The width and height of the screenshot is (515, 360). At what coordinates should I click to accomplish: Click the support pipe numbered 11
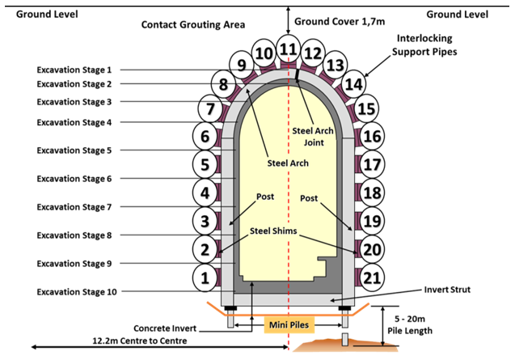pyautogui.click(x=289, y=49)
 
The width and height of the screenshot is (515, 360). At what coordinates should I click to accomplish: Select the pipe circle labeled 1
pyautogui.click(x=205, y=277)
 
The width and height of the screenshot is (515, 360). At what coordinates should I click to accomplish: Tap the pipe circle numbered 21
pyautogui.click(x=372, y=277)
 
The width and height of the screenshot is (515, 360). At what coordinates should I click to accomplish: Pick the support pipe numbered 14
pyautogui.click(x=354, y=84)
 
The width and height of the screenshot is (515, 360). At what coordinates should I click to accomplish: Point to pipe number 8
pyautogui.click(x=223, y=84)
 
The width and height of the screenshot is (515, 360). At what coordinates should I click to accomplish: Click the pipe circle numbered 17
pyautogui.click(x=372, y=164)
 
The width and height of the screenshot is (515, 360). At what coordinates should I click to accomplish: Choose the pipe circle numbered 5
pyautogui.click(x=205, y=164)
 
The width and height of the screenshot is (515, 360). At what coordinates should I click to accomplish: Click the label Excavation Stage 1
pyautogui.click(x=74, y=70)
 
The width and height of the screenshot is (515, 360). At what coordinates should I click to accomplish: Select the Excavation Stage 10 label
pyautogui.click(x=77, y=291)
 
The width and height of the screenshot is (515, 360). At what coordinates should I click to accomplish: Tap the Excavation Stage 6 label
pyautogui.click(x=74, y=179)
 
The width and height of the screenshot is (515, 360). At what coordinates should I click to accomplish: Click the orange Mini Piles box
pyautogui.click(x=289, y=325)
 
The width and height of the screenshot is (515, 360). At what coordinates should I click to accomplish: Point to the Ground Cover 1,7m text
pyautogui.click(x=340, y=21)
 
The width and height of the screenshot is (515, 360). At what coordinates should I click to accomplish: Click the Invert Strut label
pyautogui.click(x=447, y=290)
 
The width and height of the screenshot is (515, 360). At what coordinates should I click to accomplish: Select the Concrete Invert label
pyautogui.click(x=165, y=328)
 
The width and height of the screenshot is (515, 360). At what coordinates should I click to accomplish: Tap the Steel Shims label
pyautogui.click(x=273, y=231)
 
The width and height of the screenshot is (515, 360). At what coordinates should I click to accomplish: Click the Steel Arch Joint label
pyautogui.click(x=313, y=137)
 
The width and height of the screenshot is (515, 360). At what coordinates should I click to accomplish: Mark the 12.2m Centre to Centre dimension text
pyautogui.click(x=140, y=341)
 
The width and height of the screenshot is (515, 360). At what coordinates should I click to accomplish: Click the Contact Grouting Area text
pyautogui.click(x=193, y=24)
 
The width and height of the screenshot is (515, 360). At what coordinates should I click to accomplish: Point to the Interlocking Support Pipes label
pyautogui.click(x=424, y=45)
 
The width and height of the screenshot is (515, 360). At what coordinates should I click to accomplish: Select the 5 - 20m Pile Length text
pyautogui.click(x=410, y=325)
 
